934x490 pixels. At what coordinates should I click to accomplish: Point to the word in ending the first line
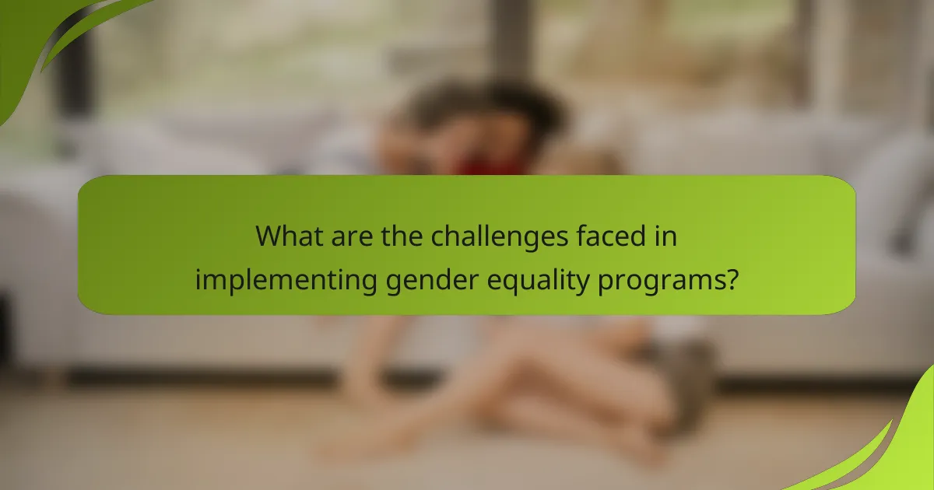[664, 236]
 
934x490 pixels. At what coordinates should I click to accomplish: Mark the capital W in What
[269, 236]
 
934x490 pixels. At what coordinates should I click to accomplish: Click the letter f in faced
[574, 235]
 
